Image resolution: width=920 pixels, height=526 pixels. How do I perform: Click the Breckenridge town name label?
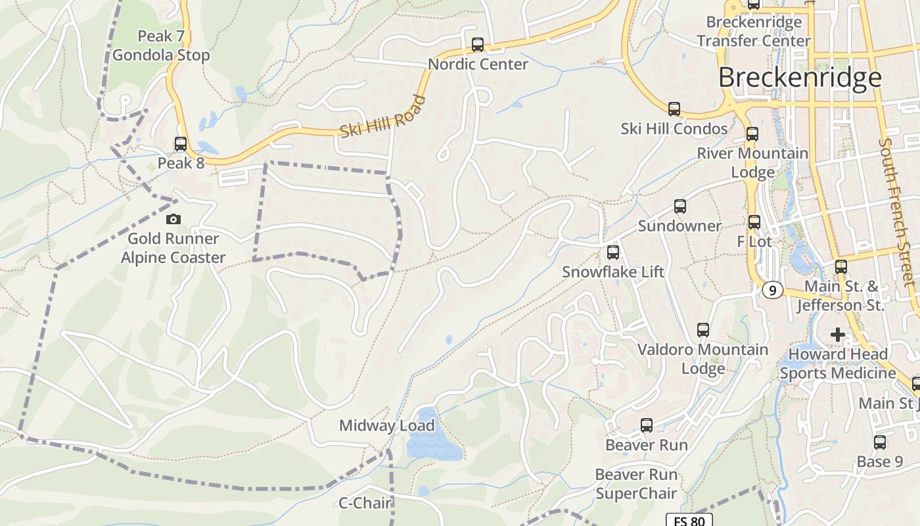(x=799, y=78)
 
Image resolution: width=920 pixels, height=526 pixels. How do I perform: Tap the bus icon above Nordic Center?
(x=478, y=45)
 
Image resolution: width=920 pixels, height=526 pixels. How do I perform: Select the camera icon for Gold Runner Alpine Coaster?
(x=173, y=219)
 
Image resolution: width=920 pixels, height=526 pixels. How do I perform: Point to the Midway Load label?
(x=386, y=425)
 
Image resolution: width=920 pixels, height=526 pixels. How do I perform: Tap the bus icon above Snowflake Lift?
(x=613, y=252)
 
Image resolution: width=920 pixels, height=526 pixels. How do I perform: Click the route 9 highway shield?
(x=773, y=290)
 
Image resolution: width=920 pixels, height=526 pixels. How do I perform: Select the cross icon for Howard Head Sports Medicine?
(x=837, y=335)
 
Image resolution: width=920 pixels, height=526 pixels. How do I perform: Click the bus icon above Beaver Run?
(x=647, y=425)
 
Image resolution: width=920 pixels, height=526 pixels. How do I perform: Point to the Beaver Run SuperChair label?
(x=635, y=483)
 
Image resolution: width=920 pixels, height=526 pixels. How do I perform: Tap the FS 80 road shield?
(x=689, y=521)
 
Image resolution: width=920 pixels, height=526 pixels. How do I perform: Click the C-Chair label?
(x=365, y=504)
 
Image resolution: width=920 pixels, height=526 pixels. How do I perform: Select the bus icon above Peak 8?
(x=180, y=143)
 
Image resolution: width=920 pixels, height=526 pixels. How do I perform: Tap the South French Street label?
(x=898, y=212)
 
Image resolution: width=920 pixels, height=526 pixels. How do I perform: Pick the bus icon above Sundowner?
(x=680, y=206)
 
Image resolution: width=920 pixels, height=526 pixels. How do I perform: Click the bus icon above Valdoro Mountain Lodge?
(x=703, y=329)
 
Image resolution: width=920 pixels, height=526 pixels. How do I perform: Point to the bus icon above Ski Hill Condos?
(x=674, y=109)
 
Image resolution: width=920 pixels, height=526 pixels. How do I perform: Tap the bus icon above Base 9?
(x=880, y=442)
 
